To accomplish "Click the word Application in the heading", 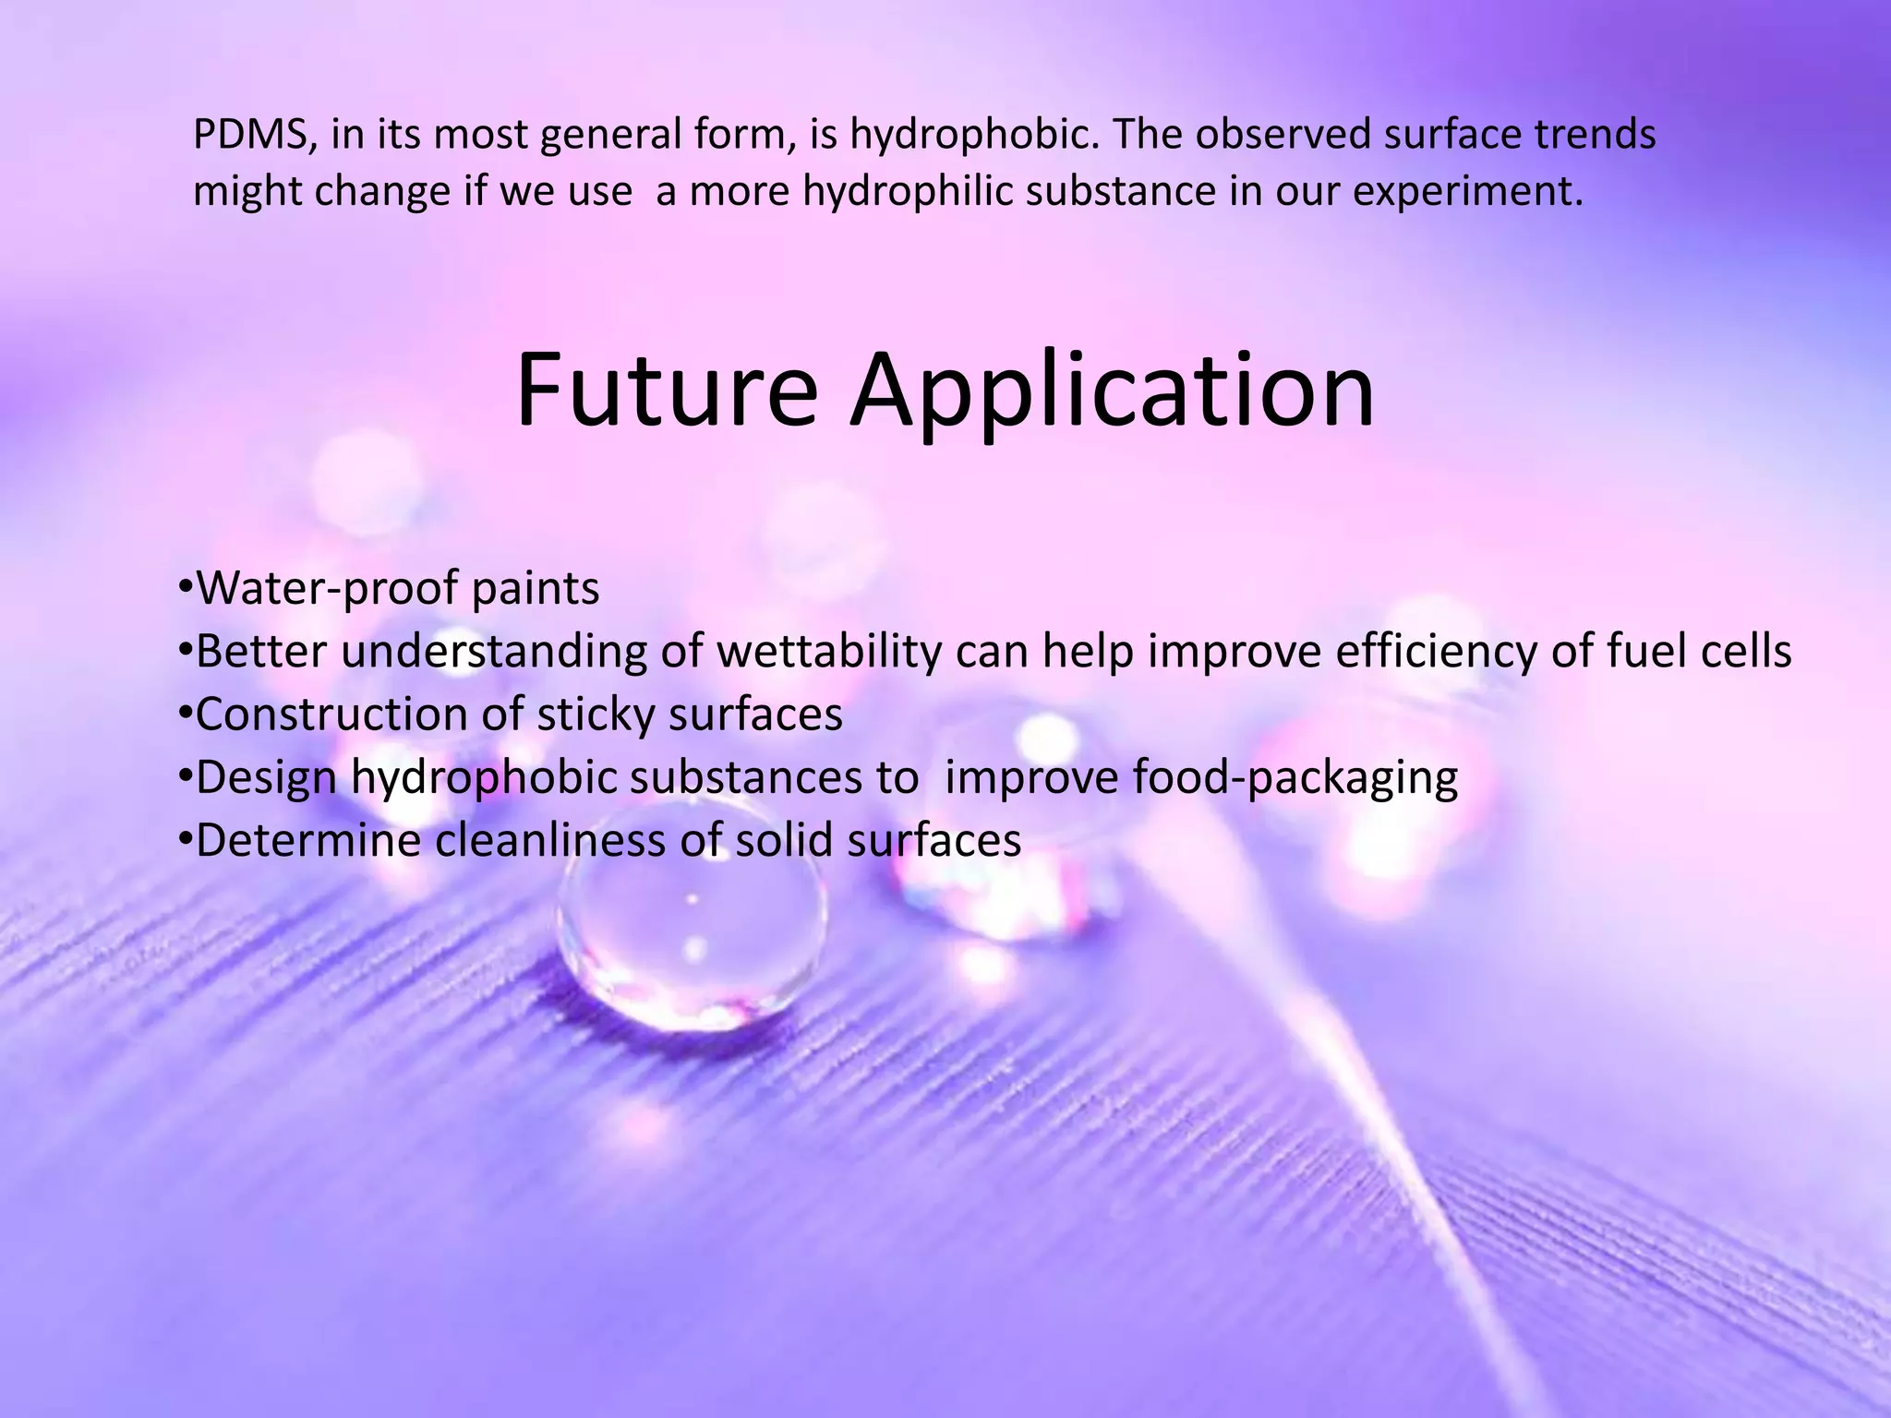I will tap(1112, 393).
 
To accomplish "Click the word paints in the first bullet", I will tap(535, 588).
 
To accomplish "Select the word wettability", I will tap(828, 652).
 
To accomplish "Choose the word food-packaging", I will tap(1295, 777).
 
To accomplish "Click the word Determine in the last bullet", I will tap(308, 840).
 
